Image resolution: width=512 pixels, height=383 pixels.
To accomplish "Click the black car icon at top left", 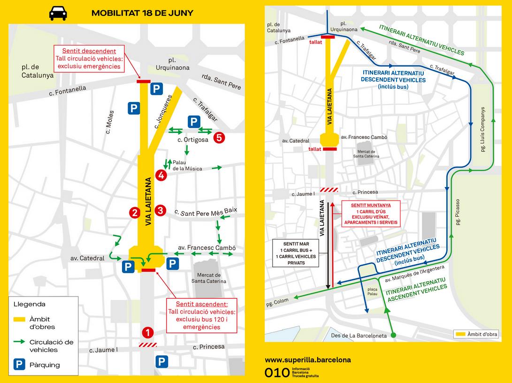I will [x=58, y=13].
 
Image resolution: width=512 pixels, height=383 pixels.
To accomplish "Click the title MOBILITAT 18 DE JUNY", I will [x=142, y=13].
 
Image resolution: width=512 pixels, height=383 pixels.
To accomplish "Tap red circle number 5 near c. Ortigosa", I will [x=219, y=138].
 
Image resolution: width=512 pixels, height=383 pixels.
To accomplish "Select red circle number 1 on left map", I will [x=148, y=333].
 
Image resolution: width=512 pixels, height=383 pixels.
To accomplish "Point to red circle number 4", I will [x=161, y=176].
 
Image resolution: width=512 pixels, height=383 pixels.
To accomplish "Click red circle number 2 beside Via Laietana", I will [x=135, y=212].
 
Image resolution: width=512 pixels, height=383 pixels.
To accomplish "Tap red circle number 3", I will [x=160, y=210].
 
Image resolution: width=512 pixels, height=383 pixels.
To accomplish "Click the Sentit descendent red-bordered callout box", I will [x=89, y=59].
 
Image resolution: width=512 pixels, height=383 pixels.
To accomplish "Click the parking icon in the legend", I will [x=20, y=365].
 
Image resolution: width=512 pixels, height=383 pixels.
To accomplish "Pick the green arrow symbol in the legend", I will [x=20, y=343].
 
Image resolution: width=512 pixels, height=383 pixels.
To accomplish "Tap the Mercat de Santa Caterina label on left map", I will [x=209, y=278].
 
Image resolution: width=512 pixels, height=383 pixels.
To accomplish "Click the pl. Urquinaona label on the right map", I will [x=344, y=26].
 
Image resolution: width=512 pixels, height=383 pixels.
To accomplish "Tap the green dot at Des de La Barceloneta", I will [x=393, y=336].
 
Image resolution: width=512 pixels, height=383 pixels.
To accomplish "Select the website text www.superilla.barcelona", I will [x=308, y=360].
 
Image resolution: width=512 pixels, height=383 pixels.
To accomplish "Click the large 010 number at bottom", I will [x=277, y=373].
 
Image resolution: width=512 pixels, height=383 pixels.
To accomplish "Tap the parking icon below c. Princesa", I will [x=161, y=361].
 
